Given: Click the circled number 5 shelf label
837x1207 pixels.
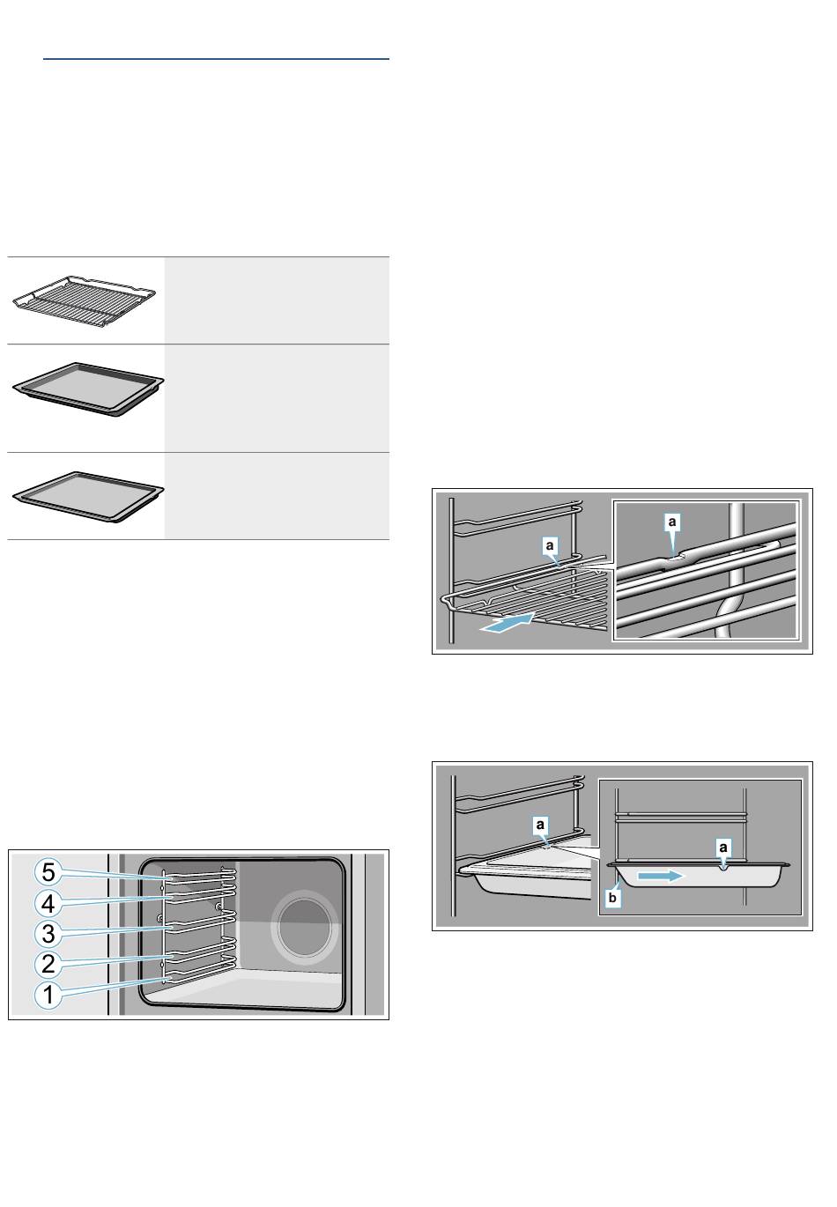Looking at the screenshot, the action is [48, 872].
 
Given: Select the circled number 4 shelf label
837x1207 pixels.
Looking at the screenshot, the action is [48, 902].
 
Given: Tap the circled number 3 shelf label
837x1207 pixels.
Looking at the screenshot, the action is [48, 933].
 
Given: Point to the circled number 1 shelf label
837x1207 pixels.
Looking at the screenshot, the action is [48, 994].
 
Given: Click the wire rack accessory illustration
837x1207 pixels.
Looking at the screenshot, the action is [84, 301].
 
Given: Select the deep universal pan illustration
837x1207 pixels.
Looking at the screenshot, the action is [88, 390].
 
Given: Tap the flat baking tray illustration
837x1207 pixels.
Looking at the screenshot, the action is [88, 496].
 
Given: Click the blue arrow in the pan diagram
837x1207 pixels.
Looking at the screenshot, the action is [661, 877].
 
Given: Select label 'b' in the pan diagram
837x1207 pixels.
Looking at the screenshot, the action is [611, 898].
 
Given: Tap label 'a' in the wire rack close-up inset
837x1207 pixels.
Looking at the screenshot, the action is [671, 522].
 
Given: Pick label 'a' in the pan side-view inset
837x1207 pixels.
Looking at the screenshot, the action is [722, 848].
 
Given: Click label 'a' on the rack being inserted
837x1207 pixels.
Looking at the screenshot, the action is [550, 545].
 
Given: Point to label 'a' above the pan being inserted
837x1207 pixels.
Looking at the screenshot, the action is [540, 825].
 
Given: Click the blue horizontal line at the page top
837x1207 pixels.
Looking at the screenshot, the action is [216, 59].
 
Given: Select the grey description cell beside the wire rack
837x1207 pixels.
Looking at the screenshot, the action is [277, 300].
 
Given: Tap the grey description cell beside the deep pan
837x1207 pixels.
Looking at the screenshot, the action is [277, 398].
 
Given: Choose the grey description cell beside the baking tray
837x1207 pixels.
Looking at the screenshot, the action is [277, 496].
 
